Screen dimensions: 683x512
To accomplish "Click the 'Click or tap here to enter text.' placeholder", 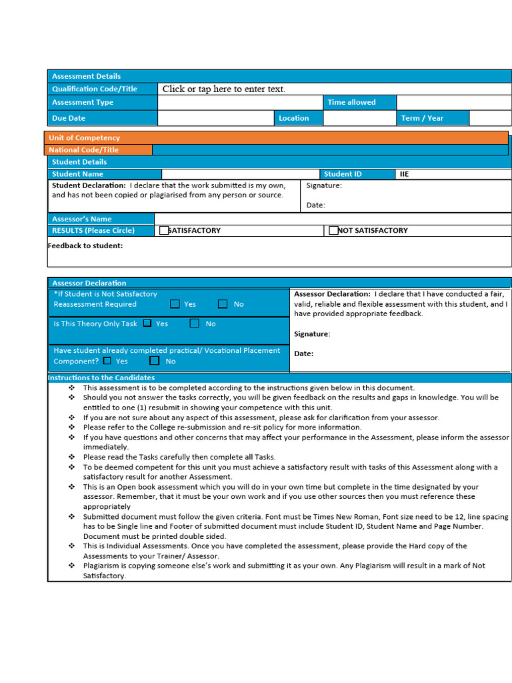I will click(223, 89).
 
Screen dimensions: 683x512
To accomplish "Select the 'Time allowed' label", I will click(351, 102).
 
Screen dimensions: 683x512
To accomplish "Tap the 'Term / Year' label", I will click(422, 118).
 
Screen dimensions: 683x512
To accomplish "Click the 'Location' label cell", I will click(294, 118).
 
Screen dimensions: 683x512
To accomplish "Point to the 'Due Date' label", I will click(69, 118).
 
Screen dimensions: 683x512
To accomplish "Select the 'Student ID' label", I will click(343, 174).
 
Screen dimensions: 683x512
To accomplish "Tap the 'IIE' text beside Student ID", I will click(405, 174).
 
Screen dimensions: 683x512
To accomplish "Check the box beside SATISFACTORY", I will click(164, 231).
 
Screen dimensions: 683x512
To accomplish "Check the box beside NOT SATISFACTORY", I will click(333, 231).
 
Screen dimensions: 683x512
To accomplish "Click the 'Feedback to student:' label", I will click(85, 245).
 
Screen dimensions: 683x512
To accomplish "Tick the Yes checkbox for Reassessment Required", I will click(175, 304).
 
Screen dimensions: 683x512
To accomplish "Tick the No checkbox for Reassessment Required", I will click(223, 304).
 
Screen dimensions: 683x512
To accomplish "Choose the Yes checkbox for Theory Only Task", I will click(147, 323).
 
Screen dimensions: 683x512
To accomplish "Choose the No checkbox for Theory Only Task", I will click(195, 323).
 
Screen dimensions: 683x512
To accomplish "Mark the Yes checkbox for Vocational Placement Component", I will click(107, 361).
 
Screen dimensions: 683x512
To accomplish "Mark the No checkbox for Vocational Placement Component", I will click(155, 361).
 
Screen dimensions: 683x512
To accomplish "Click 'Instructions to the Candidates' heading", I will click(101, 378).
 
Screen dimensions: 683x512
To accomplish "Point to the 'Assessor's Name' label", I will click(82, 219).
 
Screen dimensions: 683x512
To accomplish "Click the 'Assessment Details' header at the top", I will click(87, 76).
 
